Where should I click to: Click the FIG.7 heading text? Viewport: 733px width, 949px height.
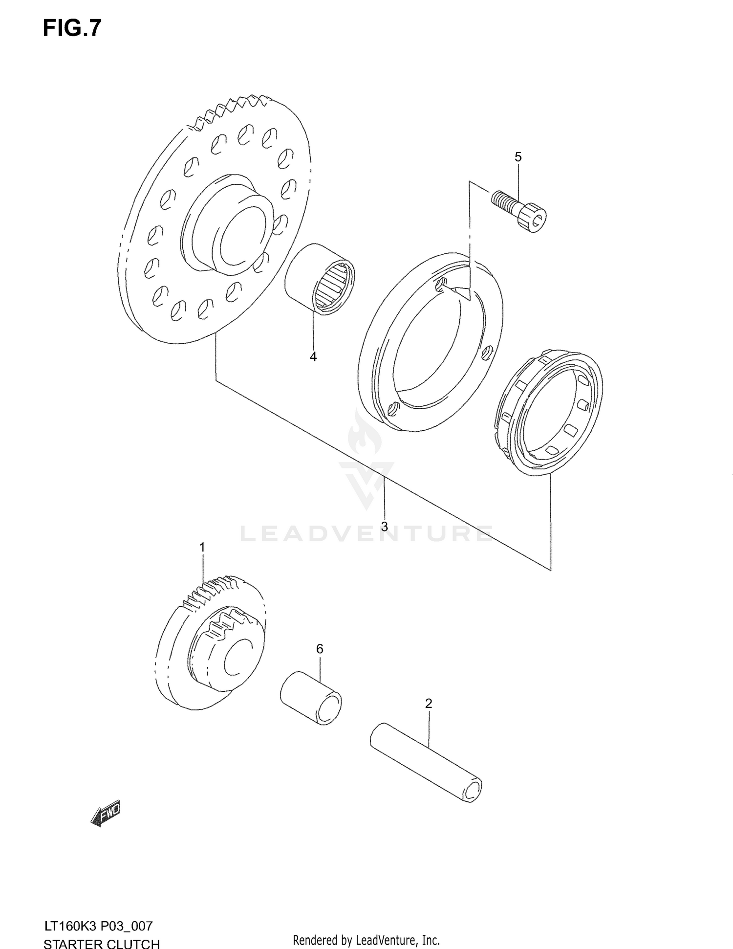click(72, 28)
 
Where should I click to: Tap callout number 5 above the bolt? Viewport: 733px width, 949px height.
click(518, 157)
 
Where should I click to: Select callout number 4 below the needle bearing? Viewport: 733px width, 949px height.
click(313, 357)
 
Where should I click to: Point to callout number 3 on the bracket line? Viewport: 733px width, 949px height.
click(385, 527)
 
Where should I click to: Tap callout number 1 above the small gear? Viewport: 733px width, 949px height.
click(202, 548)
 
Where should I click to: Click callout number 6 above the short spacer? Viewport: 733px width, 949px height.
click(320, 649)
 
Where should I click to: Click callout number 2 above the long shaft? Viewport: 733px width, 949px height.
click(429, 704)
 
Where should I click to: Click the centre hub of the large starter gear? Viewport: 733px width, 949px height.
click(230, 227)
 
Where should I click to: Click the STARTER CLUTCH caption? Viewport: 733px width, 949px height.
click(102, 942)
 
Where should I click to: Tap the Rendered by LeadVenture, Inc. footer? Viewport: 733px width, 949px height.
click(366, 940)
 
